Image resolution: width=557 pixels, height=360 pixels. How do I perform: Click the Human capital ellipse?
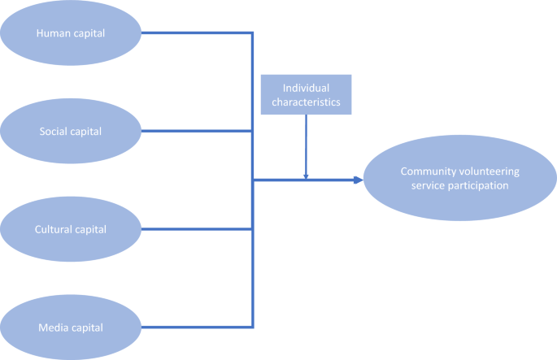(x=72, y=33)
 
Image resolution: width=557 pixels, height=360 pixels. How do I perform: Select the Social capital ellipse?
(x=72, y=131)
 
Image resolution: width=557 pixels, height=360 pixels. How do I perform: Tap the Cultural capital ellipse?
(x=72, y=229)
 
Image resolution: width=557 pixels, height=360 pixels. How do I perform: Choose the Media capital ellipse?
(x=72, y=327)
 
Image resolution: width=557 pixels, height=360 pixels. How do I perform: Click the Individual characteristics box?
(x=306, y=94)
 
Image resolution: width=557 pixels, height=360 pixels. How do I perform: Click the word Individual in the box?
(x=306, y=87)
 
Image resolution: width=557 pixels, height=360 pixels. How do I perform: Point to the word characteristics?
(x=306, y=102)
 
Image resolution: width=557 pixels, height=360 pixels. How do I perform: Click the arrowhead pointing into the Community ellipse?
(x=357, y=180)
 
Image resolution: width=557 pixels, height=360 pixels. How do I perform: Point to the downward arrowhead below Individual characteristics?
(x=306, y=174)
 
